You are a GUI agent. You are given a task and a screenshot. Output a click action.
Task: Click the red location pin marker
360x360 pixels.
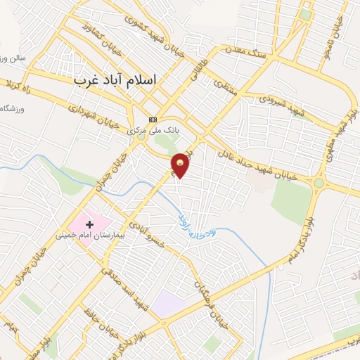point(181,165)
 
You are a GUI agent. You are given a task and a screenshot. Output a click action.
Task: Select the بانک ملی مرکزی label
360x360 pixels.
point(153,131)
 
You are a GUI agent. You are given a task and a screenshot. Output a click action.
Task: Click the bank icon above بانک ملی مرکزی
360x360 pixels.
point(153,119)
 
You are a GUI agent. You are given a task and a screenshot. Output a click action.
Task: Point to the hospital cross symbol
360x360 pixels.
point(89,223)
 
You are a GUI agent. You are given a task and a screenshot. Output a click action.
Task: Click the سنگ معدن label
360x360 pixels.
point(243,51)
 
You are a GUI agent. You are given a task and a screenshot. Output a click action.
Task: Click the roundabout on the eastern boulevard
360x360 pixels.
point(319,184)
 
